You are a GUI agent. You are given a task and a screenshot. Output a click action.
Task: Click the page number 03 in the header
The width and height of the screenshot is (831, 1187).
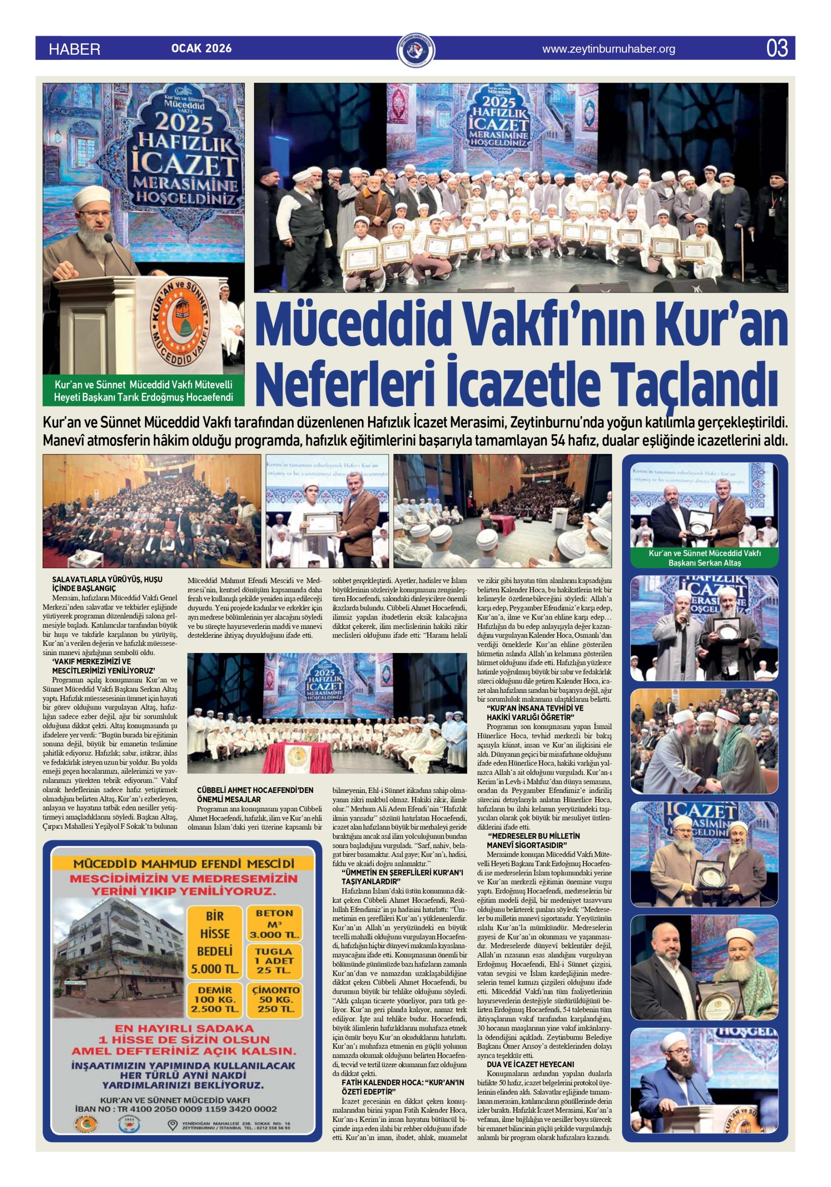[777, 48]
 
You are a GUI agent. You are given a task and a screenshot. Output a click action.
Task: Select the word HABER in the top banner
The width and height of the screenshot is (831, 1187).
[74, 49]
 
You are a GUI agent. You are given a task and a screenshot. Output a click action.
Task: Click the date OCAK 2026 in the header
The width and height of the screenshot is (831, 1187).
[201, 49]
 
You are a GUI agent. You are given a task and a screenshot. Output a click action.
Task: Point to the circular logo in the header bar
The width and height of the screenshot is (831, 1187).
[416, 50]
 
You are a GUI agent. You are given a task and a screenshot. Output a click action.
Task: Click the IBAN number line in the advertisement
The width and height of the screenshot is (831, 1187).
[176, 1109]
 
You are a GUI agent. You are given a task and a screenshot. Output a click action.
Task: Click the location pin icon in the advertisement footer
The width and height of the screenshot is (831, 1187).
[173, 1125]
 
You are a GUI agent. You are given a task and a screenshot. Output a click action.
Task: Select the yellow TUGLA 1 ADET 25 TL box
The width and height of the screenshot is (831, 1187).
[274, 960]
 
